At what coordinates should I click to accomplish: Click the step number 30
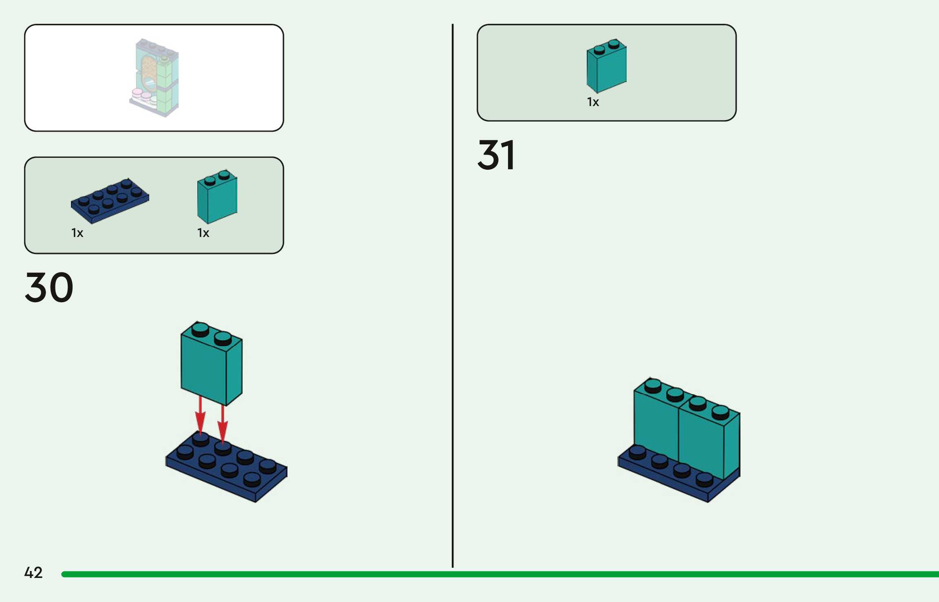point(49,288)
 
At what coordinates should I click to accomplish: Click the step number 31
point(496,155)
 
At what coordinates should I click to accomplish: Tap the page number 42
point(33,573)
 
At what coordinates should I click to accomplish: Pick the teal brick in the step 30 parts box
point(217,197)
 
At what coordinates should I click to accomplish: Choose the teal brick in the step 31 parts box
point(607,66)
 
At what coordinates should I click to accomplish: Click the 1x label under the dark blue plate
point(77,233)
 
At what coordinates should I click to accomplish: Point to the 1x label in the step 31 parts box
point(593,102)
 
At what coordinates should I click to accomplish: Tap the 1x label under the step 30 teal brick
point(203,233)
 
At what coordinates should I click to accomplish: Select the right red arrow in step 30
point(223,424)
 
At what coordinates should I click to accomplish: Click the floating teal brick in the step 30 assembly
point(211,364)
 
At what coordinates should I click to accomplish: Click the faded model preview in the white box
point(154,77)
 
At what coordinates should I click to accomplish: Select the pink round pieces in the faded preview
point(141,95)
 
